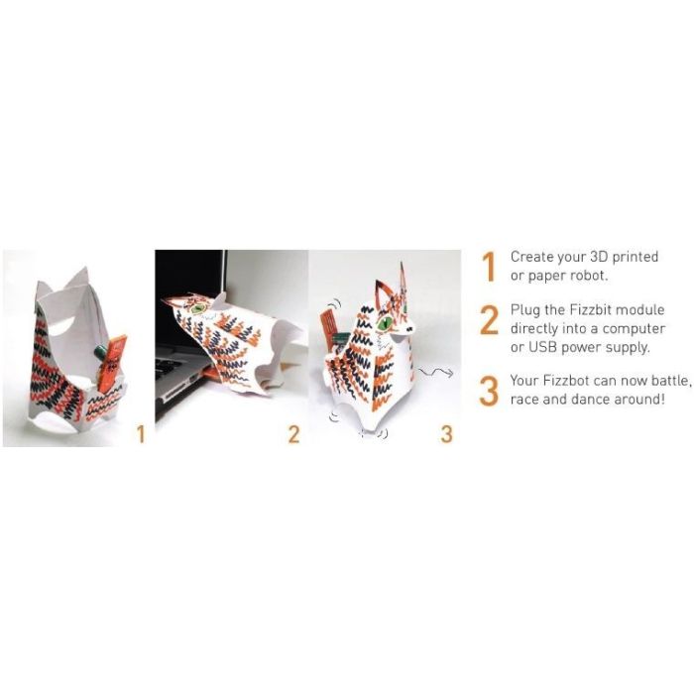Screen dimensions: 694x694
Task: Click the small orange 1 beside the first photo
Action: click(140, 433)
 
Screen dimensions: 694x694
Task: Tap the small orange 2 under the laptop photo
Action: click(293, 433)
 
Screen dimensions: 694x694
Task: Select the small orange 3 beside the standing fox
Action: click(446, 433)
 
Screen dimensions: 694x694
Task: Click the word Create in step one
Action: click(532, 257)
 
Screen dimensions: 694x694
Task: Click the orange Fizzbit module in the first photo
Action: click(113, 358)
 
